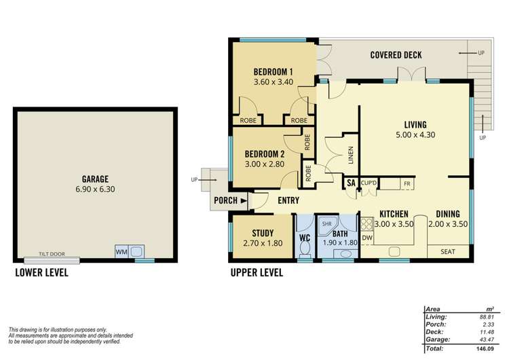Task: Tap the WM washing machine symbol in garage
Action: click(122, 251)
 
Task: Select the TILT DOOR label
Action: click(52, 254)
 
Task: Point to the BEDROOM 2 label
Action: click(264, 153)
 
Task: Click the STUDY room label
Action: click(262, 232)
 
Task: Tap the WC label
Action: click(304, 238)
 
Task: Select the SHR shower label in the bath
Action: click(326, 223)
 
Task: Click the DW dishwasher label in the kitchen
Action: click(367, 238)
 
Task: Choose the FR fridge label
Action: click(407, 183)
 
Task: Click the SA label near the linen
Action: click(352, 183)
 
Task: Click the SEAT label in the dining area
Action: click(448, 251)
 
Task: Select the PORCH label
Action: click(225, 200)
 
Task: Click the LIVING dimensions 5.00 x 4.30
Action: click(415, 135)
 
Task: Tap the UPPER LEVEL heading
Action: click(257, 273)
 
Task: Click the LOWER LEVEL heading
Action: click(41, 273)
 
